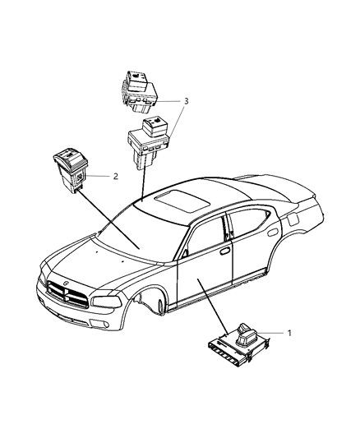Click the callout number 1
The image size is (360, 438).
pyautogui.click(x=289, y=333)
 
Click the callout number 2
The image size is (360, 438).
pyautogui.click(x=116, y=176)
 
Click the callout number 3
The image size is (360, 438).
pyautogui.click(x=186, y=101)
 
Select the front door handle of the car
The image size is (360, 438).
pyautogui.click(x=224, y=251)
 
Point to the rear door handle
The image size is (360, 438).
pyautogui.click(x=271, y=232)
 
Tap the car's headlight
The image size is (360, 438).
pyautogui.click(x=107, y=302)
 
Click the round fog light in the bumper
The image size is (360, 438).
pyautogui.click(x=105, y=325)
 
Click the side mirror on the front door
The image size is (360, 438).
pyautogui.click(x=185, y=254)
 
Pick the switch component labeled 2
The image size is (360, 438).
pyautogui.click(x=72, y=170)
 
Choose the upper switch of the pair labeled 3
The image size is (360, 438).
pyautogui.click(x=139, y=92)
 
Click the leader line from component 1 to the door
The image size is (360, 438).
pyautogui.click(x=213, y=306)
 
